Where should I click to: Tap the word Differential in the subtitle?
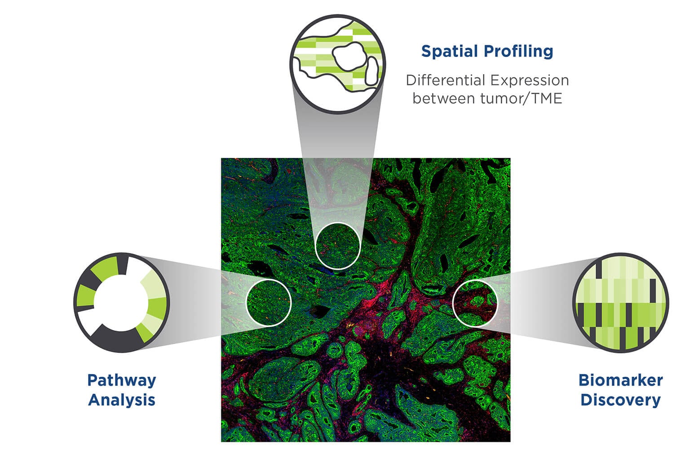click(444, 80)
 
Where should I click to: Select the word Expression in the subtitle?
click(530, 81)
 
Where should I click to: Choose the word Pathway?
click(122, 380)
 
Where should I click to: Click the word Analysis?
click(122, 400)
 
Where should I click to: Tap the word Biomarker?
click(620, 380)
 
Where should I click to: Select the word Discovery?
click(620, 400)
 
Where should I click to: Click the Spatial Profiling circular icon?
click(338, 63)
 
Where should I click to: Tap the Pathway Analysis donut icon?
click(122, 303)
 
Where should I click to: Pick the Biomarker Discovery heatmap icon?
click(620, 303)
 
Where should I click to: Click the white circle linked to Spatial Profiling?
click(338, 246)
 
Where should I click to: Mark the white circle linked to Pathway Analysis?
click(269, 302)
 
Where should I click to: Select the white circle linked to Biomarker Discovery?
click(475, 302)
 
